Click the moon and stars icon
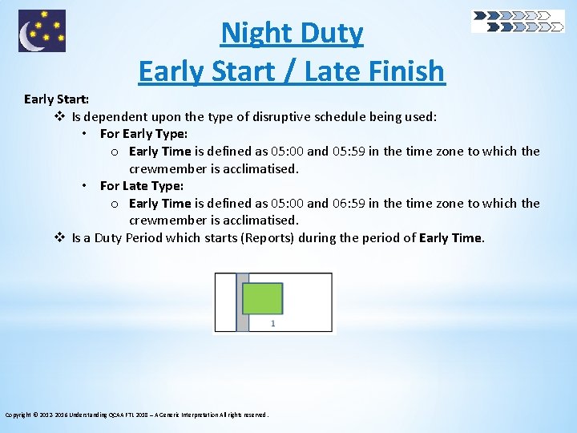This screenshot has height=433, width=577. [x=42, y=31]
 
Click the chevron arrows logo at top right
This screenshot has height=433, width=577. [x=517, y=22]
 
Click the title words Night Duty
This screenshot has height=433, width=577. [x=292, y=34]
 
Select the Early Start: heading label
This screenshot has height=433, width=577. [x=56, y=99]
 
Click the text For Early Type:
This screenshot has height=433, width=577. [x=143, y=134]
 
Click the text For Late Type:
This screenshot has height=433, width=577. [x=141, y=186]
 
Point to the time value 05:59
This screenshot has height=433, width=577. [x=349, y=152]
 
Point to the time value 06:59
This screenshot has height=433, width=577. [x=349, y=204]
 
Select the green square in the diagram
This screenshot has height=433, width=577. [x=262, y=297]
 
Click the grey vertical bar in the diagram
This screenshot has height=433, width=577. [x=242, y=302]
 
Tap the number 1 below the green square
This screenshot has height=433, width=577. [x=272, y=324]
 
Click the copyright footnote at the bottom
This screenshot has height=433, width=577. [x=137, y=415]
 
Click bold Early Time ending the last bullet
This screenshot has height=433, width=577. [x=450, y=237]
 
